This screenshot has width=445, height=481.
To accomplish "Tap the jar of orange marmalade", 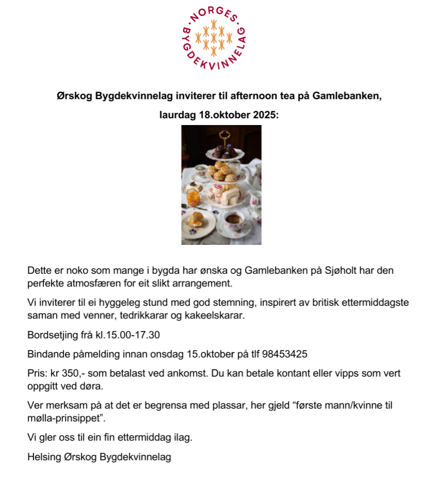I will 193,197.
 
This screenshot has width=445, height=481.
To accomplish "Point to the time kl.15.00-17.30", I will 128,335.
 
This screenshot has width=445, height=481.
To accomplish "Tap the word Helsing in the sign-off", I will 43,457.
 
